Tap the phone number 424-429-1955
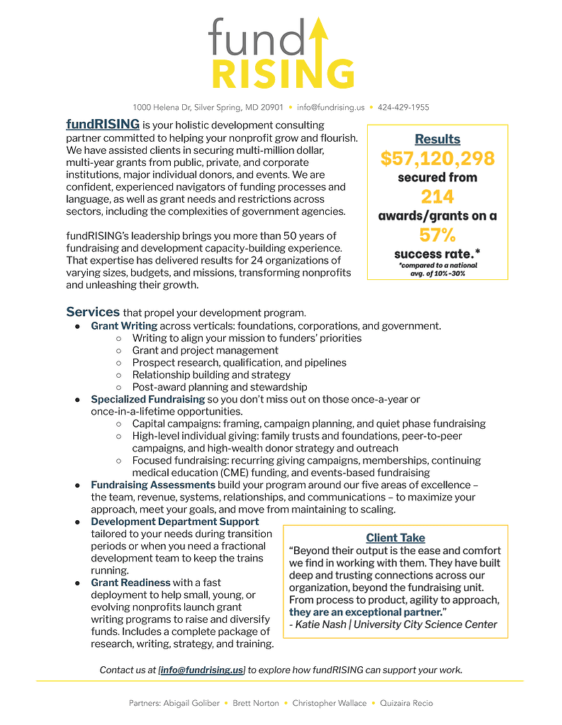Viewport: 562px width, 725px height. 404,108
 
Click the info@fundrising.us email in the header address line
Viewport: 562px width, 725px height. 331,108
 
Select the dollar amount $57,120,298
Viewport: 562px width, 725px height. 437,159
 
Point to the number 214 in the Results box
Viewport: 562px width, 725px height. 437,196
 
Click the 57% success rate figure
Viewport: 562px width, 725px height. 437,235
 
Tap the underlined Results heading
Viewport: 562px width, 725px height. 437,139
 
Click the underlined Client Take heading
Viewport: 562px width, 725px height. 395,538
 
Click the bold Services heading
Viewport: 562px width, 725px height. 93,312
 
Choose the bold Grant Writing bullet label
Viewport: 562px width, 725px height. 124,326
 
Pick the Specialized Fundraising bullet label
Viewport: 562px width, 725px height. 147,400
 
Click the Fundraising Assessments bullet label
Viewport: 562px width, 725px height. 153,485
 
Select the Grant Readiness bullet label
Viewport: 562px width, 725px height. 130,583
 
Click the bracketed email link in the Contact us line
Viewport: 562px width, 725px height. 202,670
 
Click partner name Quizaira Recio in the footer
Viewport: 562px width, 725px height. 406,703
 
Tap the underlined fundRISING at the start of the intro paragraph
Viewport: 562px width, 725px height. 103,125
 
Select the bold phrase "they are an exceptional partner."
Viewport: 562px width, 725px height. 366,612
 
